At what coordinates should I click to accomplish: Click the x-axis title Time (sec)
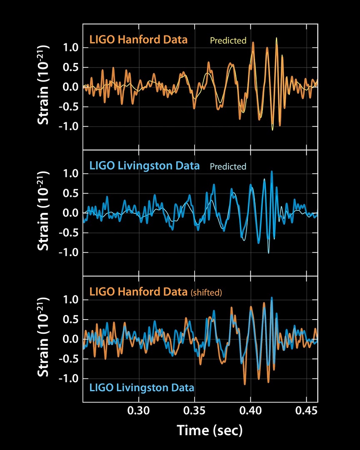(x=210, y=430)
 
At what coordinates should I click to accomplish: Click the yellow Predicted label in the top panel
(x=228, y=41)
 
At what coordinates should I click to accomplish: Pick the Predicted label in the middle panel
(x=228, y=167)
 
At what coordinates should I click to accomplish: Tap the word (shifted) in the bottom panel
(x=206, y=292)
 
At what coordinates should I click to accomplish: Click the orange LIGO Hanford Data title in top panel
(x=138, y=40)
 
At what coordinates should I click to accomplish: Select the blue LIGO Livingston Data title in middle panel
(x=144, y=166)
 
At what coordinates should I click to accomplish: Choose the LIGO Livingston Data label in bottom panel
(x=142, y=387)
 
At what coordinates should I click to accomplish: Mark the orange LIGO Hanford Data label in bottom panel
(x=138, y=292)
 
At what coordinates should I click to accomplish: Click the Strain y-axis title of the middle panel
(x=44, y=213)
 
